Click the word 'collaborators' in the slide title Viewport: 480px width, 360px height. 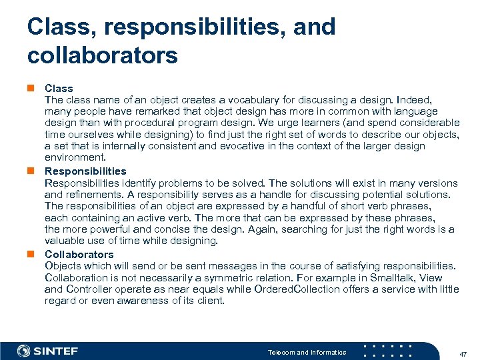[103, 55]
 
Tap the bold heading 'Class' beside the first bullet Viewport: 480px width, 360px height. [59, 88]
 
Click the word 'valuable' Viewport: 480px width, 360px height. [65, 241]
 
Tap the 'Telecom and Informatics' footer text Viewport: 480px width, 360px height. [307, 352]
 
